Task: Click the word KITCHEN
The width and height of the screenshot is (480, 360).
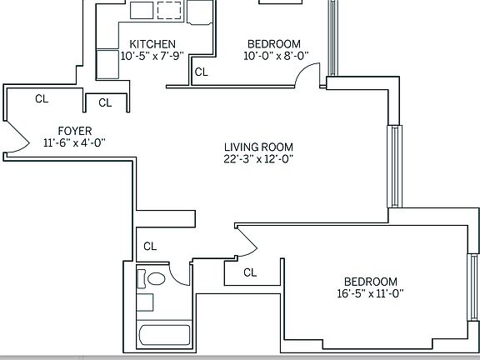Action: [x=152, y=44]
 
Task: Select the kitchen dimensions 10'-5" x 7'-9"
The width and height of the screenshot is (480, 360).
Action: [x=152, y=57]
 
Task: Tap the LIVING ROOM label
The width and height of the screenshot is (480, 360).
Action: [x=257, y=147]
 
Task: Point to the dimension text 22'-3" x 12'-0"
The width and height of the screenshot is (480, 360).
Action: [x=257, y=159]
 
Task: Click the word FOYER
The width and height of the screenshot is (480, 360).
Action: [x=74, y=130]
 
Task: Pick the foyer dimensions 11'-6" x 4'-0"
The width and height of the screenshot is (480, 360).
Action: [x=74, y=142]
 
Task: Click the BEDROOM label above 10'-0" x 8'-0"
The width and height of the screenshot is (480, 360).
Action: [x=274, y=44]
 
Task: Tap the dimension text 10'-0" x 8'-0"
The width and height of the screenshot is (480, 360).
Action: [x=274, y=57]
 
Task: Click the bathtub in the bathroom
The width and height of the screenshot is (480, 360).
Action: [x=163, y=337]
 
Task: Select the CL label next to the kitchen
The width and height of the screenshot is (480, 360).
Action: [x=201, y=72]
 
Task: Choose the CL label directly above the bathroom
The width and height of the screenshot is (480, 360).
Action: [x=150, y=246]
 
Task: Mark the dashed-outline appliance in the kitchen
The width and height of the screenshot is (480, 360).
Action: [x=169, y=10]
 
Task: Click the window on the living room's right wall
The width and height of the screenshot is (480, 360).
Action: [x=393, y=167]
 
